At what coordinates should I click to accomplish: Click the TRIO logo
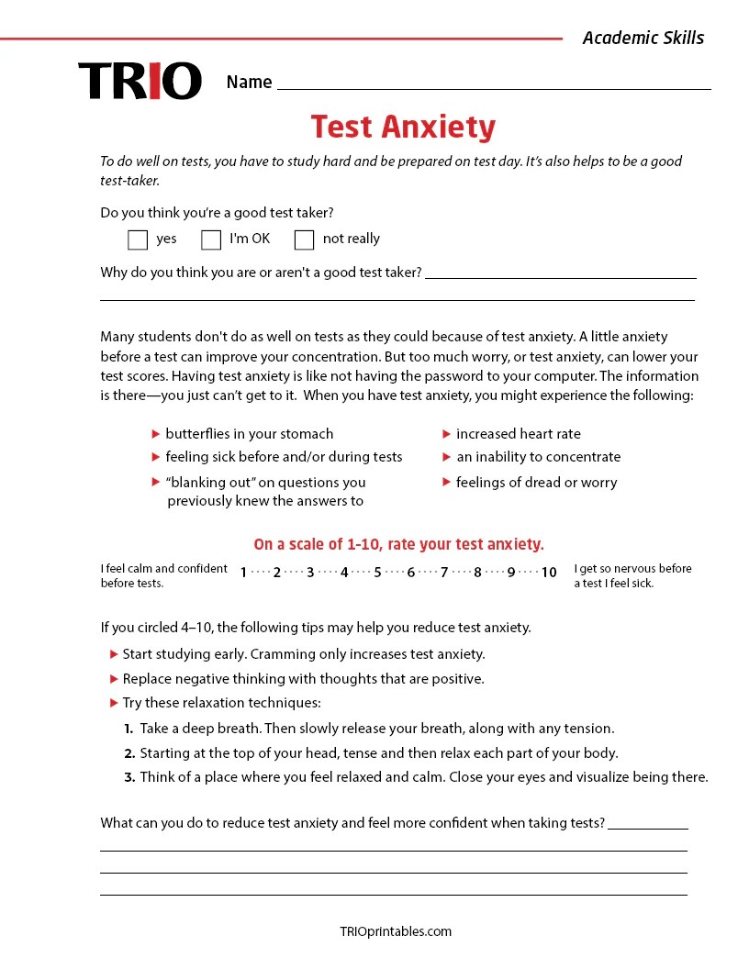click(x=140, y=81)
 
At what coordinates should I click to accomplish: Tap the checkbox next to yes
click(x=138, y=239)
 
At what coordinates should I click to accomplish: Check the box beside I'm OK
click(x=211, y=239)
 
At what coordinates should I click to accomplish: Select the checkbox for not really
click(x=304, y=239)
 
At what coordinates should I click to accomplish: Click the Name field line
click(x=494, y=84)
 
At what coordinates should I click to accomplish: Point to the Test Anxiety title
click(x=403, y=127)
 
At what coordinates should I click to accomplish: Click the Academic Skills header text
click(x=643, y=38)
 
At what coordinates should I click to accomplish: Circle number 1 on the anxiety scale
click(x=243, y=573)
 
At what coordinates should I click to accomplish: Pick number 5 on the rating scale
click(x=377, y=573)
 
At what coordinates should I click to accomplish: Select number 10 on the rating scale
click(x=548, y=573)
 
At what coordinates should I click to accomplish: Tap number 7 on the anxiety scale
click(x=443, y=573)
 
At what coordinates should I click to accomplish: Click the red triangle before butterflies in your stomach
click(x=156, y=434)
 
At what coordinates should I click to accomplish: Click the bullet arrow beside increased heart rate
click(x=447, y=434)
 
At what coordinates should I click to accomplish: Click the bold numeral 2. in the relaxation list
click(x=129, y=753)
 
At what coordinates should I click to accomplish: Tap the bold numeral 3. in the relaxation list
click(x=129, y=777)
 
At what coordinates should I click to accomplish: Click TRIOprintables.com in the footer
click(x=396, y=931)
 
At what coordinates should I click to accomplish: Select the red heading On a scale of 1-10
click(x=398, y=543)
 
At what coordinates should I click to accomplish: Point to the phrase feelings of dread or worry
click(x=536, y=483)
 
